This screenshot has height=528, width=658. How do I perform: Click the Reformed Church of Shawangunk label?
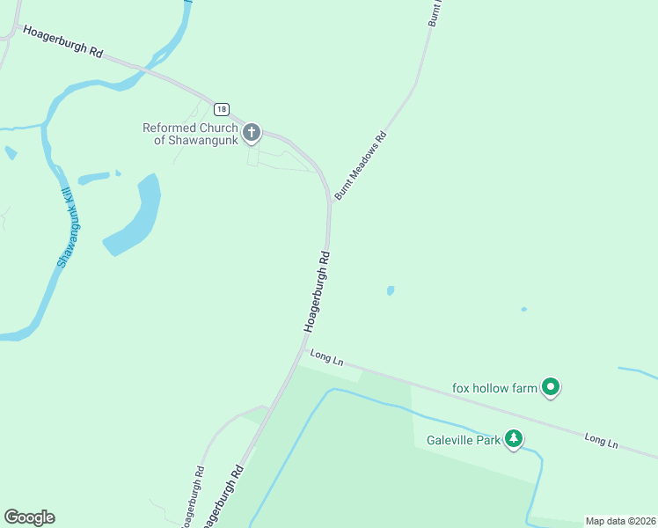click(190, 134)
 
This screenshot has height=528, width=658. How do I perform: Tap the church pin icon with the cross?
click(252, 134)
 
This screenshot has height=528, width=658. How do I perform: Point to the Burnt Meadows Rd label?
click(360, 165)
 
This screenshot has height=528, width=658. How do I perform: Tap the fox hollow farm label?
click(493, 388)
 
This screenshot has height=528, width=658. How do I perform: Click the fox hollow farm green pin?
click(551, 386)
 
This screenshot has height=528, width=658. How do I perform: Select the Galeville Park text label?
click(464, 440)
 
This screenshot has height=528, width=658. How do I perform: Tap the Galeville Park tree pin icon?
click(514, 439)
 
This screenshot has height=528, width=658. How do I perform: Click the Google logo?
click(29, 517)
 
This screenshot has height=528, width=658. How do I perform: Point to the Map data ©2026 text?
click(620, 521)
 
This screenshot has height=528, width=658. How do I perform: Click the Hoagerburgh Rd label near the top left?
click(62, 41)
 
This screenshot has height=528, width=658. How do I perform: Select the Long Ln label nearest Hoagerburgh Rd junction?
click(325, 358)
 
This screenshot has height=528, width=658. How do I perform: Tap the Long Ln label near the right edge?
click(602, 440)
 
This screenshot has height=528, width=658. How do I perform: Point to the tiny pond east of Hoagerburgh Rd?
click(390, 290)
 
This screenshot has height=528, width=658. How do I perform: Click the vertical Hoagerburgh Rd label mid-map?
click(318, 292)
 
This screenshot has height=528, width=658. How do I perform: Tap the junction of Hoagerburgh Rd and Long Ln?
click(302, 350)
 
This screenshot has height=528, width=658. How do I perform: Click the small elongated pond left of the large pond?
click(93, 179)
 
